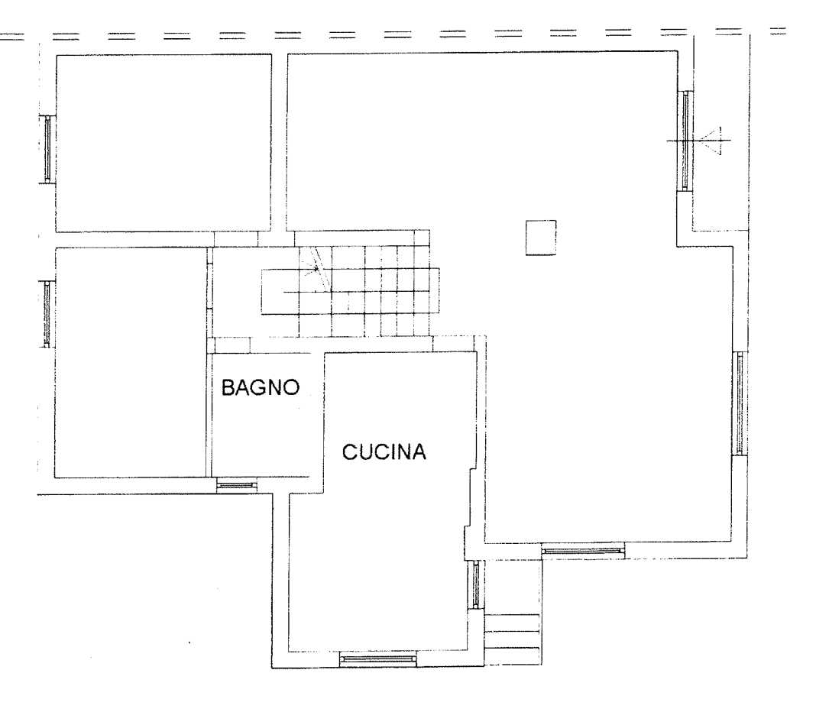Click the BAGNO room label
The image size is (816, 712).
(261, 387)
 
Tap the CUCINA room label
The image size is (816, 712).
(384, 451)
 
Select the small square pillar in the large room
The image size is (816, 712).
(541, 238)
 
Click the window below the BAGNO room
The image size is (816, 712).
(237, 486)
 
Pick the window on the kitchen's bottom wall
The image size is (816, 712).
(378, 660)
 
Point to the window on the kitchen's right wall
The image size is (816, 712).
(475, 584)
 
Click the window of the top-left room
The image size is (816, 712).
(48, 150)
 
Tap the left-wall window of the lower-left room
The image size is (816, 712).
(47, 314)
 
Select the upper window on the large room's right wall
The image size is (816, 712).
(685, 141)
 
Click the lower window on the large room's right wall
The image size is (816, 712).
(739, 403)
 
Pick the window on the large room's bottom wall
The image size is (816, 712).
(583, 550)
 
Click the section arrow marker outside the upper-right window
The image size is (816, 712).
(711, 141)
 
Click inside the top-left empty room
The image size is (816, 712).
(164, 143)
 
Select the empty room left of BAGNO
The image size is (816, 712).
(131, 363)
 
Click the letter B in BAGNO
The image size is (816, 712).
(228, 387)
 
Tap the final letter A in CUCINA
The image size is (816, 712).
(419, 451)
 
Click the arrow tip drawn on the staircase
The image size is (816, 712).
(316, 269)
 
